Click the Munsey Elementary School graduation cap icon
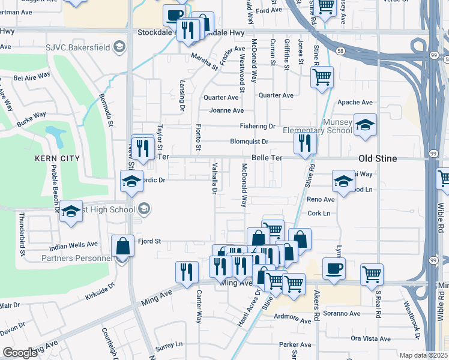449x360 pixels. click(364, 124)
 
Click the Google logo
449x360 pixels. click(20, 353)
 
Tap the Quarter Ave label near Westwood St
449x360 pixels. click(221, 97)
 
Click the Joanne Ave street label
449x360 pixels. click(226, 110)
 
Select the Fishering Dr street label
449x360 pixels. click(257, 127)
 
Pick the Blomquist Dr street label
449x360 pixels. click(249, 142)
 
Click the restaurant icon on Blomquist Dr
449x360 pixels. click(305, 142)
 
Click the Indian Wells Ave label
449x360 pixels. click(73, 244)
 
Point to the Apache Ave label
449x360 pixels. click(352, 103)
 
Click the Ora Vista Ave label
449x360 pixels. click(371, 338)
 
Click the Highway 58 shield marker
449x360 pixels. click(340, 50)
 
